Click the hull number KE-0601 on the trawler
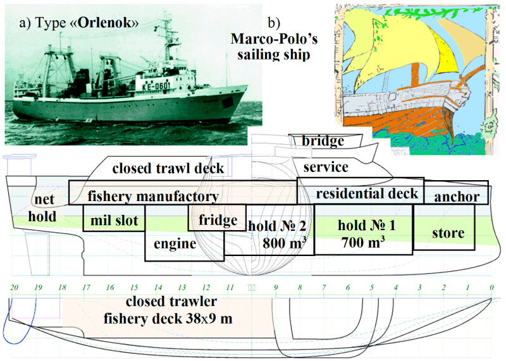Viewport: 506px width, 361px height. point(156,87)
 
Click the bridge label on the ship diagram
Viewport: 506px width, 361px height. point(323,141)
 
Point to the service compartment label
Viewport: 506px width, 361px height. point(326,167)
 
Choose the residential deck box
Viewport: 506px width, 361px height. point(360,191)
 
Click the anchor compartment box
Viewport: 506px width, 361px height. point(456,192)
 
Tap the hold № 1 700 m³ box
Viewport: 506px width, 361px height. point(363,229)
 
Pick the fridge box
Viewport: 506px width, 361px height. point(217,217)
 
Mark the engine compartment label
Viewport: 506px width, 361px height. point(175,244)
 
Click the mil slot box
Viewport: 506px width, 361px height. point(114,217)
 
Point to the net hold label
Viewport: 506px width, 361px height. point(42,208)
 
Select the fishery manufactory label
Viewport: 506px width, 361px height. point(153,196)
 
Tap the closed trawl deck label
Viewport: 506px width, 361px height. point(168,168)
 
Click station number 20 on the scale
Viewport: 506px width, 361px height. point(14,287)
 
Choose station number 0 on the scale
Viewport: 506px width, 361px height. point(491,287)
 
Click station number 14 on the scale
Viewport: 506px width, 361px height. point(157,287)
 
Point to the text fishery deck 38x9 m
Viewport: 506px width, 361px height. point(168,319)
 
